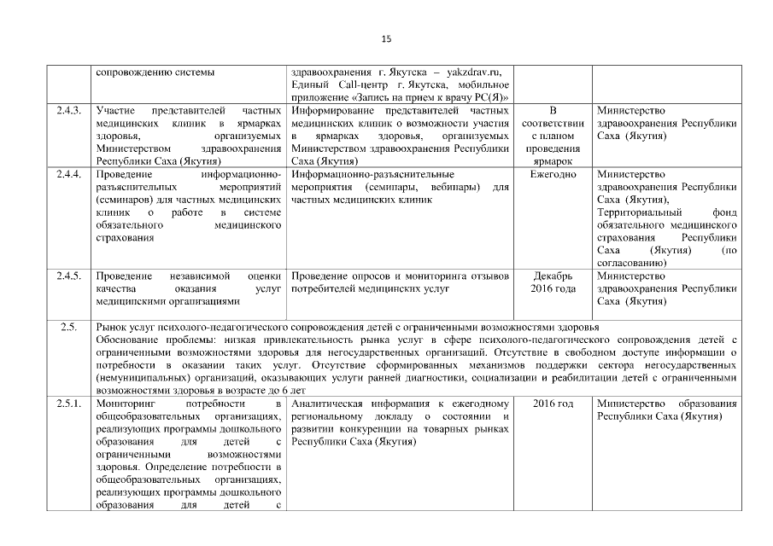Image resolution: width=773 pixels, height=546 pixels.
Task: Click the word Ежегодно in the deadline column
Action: (553, 175)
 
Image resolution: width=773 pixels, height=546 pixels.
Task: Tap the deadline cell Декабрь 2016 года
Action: (553, 282)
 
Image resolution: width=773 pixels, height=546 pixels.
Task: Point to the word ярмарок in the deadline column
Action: (553, 160)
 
